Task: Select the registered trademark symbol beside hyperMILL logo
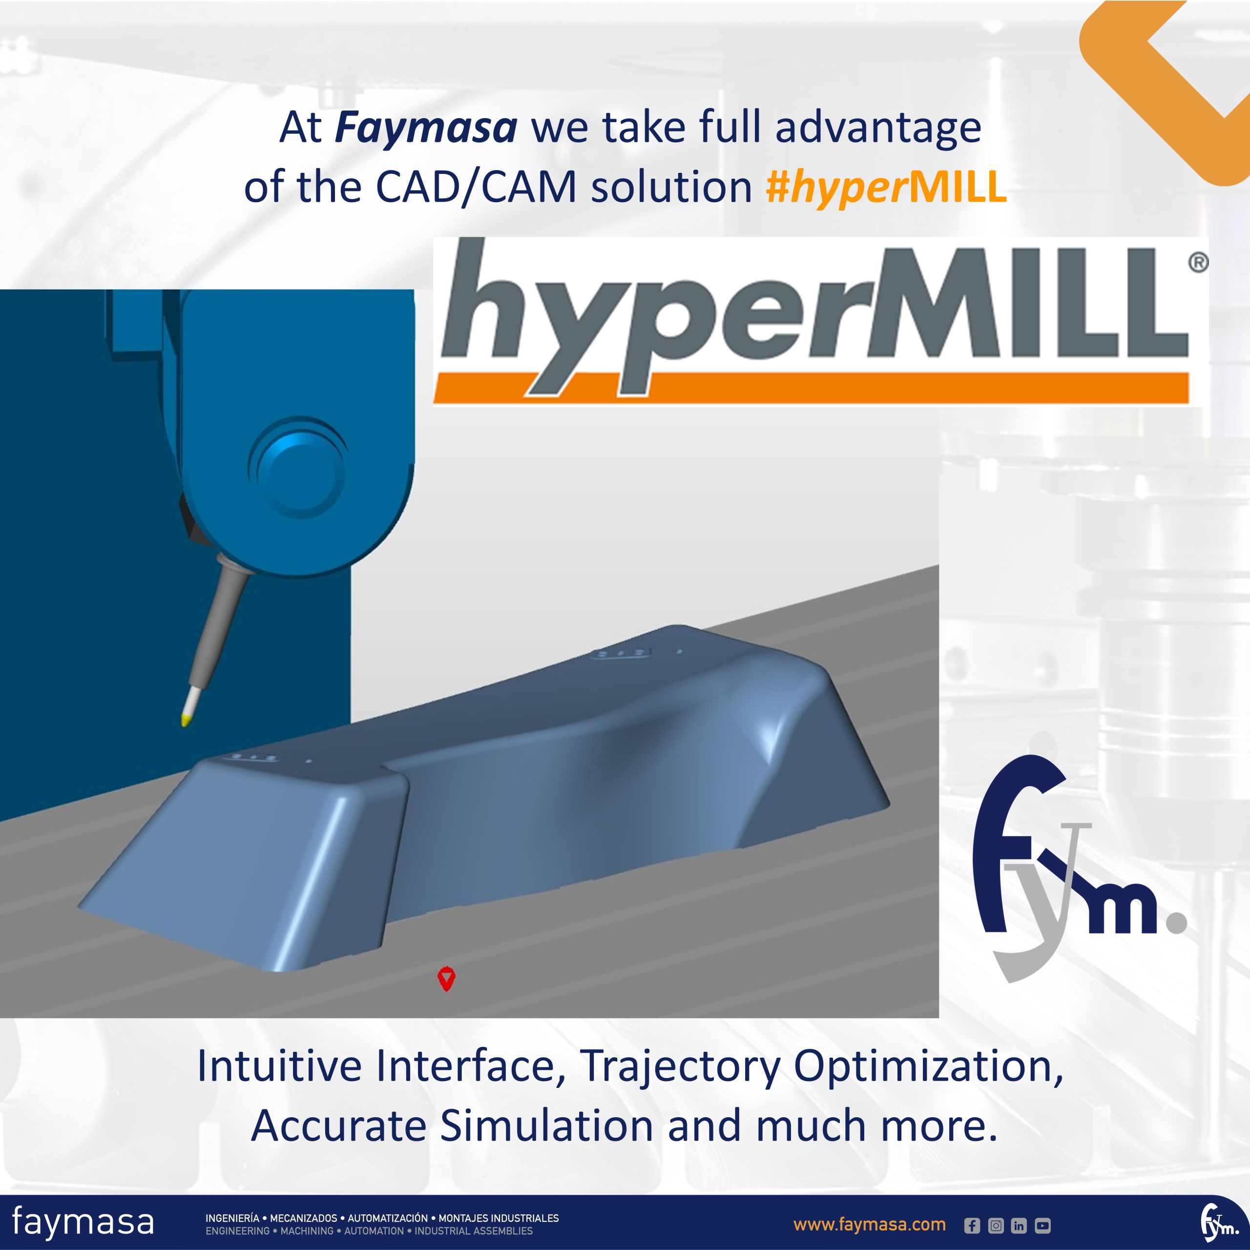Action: [1198, 263]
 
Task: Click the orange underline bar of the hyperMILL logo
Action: [811, 388]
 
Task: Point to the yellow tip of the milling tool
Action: [186, 719]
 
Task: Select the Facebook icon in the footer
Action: [972, 1226]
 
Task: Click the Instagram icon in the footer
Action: [996, 1226]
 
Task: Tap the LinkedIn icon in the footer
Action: [1019, 1226]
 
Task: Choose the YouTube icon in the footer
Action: [1043, 1226]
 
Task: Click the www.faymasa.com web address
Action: [870, 1225]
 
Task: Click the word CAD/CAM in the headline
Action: [476, 187]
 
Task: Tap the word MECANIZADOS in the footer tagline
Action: [303, 1218]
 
